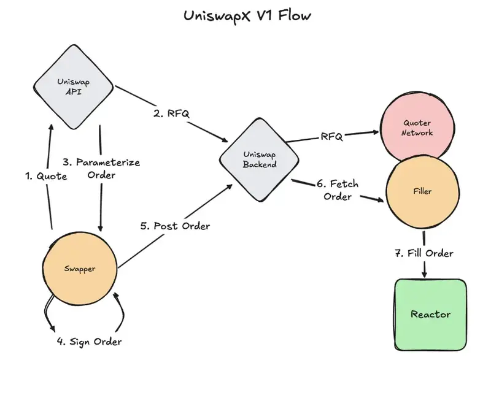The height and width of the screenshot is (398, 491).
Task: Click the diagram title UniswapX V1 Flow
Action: point(247,16)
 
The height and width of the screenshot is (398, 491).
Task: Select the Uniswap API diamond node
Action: point(74,86)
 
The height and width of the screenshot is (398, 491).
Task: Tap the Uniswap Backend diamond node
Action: point(259,159)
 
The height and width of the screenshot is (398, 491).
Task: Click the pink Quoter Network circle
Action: point(417,128)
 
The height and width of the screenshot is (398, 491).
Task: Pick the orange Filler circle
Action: point(422,191)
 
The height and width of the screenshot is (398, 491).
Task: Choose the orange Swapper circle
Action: point(80,269)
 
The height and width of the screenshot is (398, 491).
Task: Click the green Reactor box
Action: point(431,315)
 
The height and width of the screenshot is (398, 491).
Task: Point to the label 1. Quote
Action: point(46,176)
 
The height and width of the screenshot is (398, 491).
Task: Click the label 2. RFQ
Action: point(171,113)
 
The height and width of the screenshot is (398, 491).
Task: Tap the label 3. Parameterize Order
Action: point(101,169)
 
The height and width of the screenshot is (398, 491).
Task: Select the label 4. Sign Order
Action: point(89,342)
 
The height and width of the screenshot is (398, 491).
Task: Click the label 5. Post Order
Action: point(175,226)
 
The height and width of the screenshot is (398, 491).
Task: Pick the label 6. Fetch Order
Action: point(337,190)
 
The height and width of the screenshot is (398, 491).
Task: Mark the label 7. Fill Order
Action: point(424,253)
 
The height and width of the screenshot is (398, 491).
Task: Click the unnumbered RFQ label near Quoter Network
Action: point(331,137)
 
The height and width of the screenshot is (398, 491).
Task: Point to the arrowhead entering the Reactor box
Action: point(424,274)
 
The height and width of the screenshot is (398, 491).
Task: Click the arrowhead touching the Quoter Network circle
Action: point(376,132)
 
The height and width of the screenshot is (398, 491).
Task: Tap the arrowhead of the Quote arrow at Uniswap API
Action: point(51,127)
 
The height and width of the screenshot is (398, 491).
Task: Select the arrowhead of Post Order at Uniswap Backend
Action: point(229,187)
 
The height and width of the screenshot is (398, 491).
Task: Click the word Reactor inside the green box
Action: point(431,314)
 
